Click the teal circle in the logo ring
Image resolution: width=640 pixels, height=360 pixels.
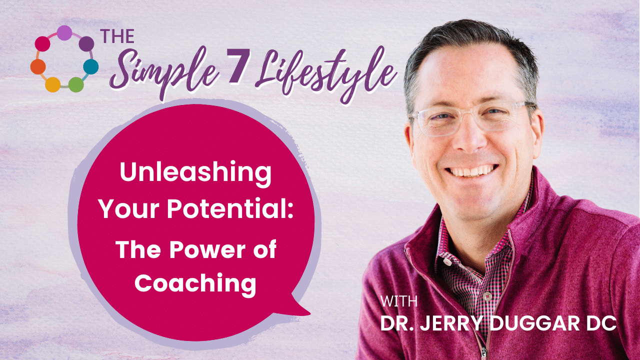tap(90, 66)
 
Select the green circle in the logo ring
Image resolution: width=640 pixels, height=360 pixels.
tap(75, 84)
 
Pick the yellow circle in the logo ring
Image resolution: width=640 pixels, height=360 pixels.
tap(52, 84)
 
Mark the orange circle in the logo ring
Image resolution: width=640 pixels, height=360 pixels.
tap(38, 66)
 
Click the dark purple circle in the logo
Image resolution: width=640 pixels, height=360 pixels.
tap(86, 43)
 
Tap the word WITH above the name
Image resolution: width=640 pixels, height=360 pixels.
tap(398, 302)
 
